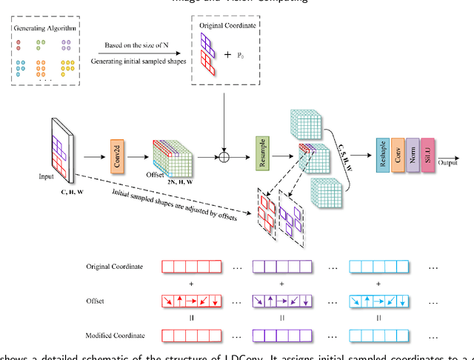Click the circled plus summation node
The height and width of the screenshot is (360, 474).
click(x=221, y=157)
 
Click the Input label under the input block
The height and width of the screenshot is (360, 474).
click(x=47, y=178)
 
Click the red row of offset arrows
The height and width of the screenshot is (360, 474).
click(x=191, y=301)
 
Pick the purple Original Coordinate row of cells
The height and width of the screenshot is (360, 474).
click(x=281, y=266)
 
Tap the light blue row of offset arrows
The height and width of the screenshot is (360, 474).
click(x=378, y=301)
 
